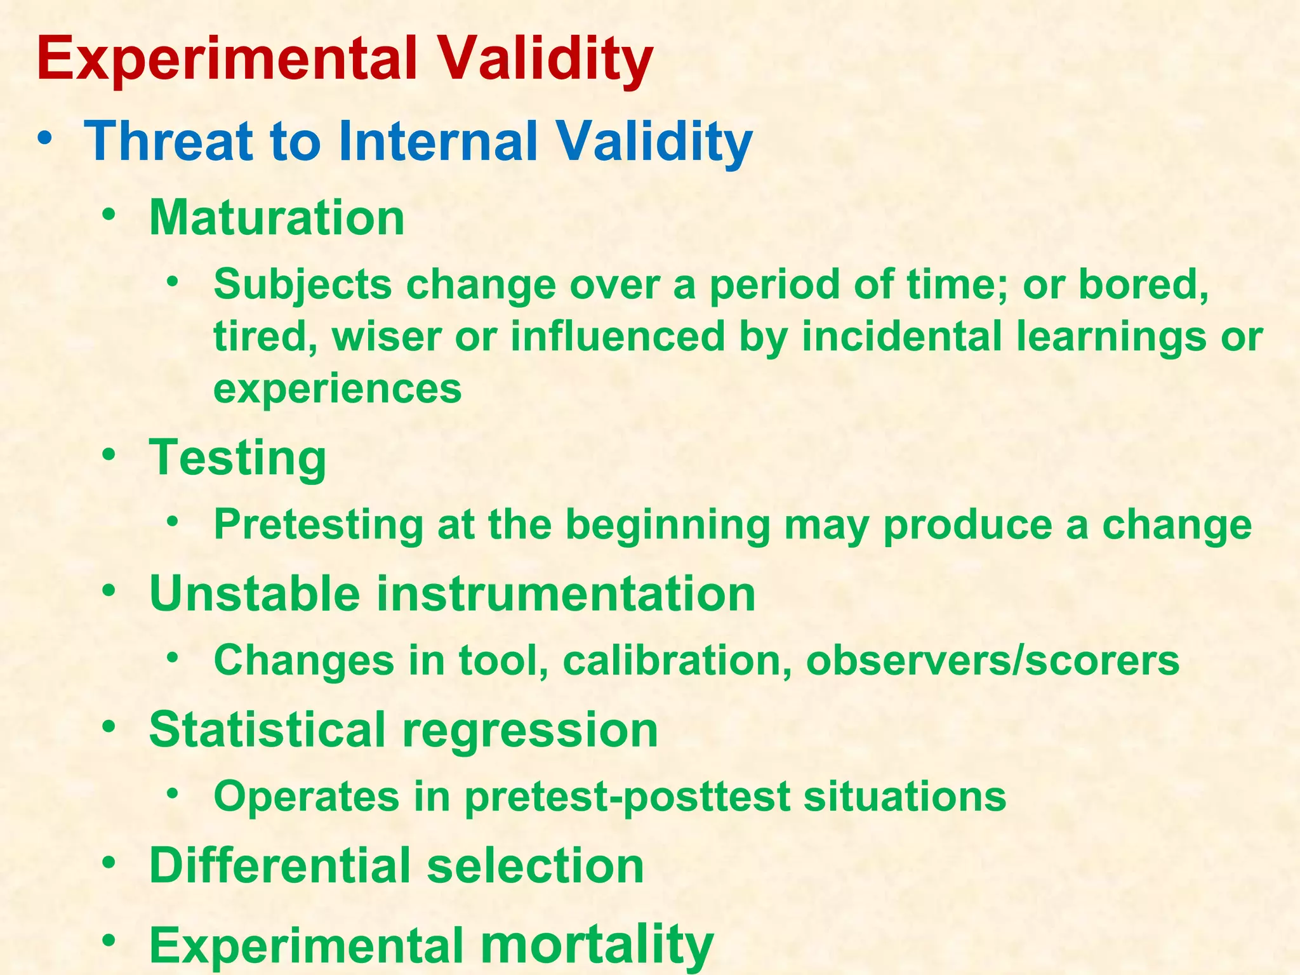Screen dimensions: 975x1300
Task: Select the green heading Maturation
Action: click(277, 218)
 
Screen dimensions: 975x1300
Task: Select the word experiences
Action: click(337, 388)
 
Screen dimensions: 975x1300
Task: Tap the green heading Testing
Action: click(237, 458)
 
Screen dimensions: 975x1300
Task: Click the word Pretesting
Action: click(318, 525)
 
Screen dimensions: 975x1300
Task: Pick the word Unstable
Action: click(255, 594)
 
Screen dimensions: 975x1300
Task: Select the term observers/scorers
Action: click(992, 660)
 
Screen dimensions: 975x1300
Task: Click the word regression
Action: click(530, 729)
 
